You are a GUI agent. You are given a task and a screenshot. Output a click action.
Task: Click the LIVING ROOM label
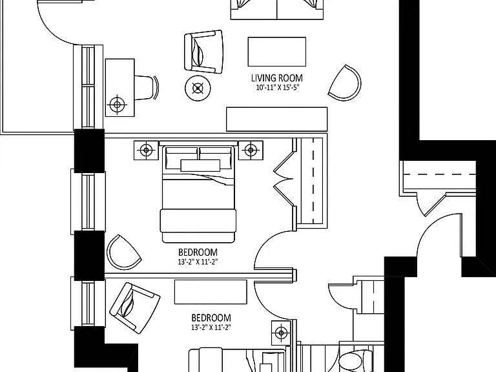pyautogui.click(x=277, y=77)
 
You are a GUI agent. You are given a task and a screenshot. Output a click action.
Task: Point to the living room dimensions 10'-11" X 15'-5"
pyautogui.click(x=278, y=87)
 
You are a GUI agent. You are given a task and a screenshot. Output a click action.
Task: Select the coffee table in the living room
pyautogui.click(x=277, y=52)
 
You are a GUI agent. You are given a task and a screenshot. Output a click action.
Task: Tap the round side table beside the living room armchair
pyautogui.click(x=198, y=88)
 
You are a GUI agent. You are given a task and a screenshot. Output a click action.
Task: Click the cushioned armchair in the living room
pyautogui.click(x=203, y=52)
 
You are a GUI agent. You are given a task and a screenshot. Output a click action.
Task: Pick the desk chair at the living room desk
pyautogui.click(x=147, y=87)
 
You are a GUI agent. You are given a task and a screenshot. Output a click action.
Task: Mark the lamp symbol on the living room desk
pyautogui.click(x=118, y=104)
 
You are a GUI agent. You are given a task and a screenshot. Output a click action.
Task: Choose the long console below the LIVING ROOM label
pyautogui.click(x=277, y=119)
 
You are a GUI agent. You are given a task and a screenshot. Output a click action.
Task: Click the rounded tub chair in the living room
pyautogui.click(x=345, y=83)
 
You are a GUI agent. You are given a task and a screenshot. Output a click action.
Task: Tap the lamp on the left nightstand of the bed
pyautogui.click(x=146, y=150)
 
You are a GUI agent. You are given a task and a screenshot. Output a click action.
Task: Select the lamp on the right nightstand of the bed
pyautogui.click(x=251, y=150)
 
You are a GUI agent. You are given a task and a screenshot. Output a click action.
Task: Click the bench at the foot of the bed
pyautogui.click(x=198, y=222)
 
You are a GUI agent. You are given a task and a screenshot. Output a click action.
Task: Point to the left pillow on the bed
pyautogui.click(x=181, y=158)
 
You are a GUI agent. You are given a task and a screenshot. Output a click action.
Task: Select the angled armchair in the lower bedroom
pyautogui.click(x=135, y=307)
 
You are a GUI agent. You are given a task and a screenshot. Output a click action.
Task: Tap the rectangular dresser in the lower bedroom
pyautogui.click(x=211, y=292)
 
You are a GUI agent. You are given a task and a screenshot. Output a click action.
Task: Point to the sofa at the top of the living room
pyautogui.click(x=277, y=10)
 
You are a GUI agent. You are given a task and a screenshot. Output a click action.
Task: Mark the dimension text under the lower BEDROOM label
pyautogui.click(x=211, y=327)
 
